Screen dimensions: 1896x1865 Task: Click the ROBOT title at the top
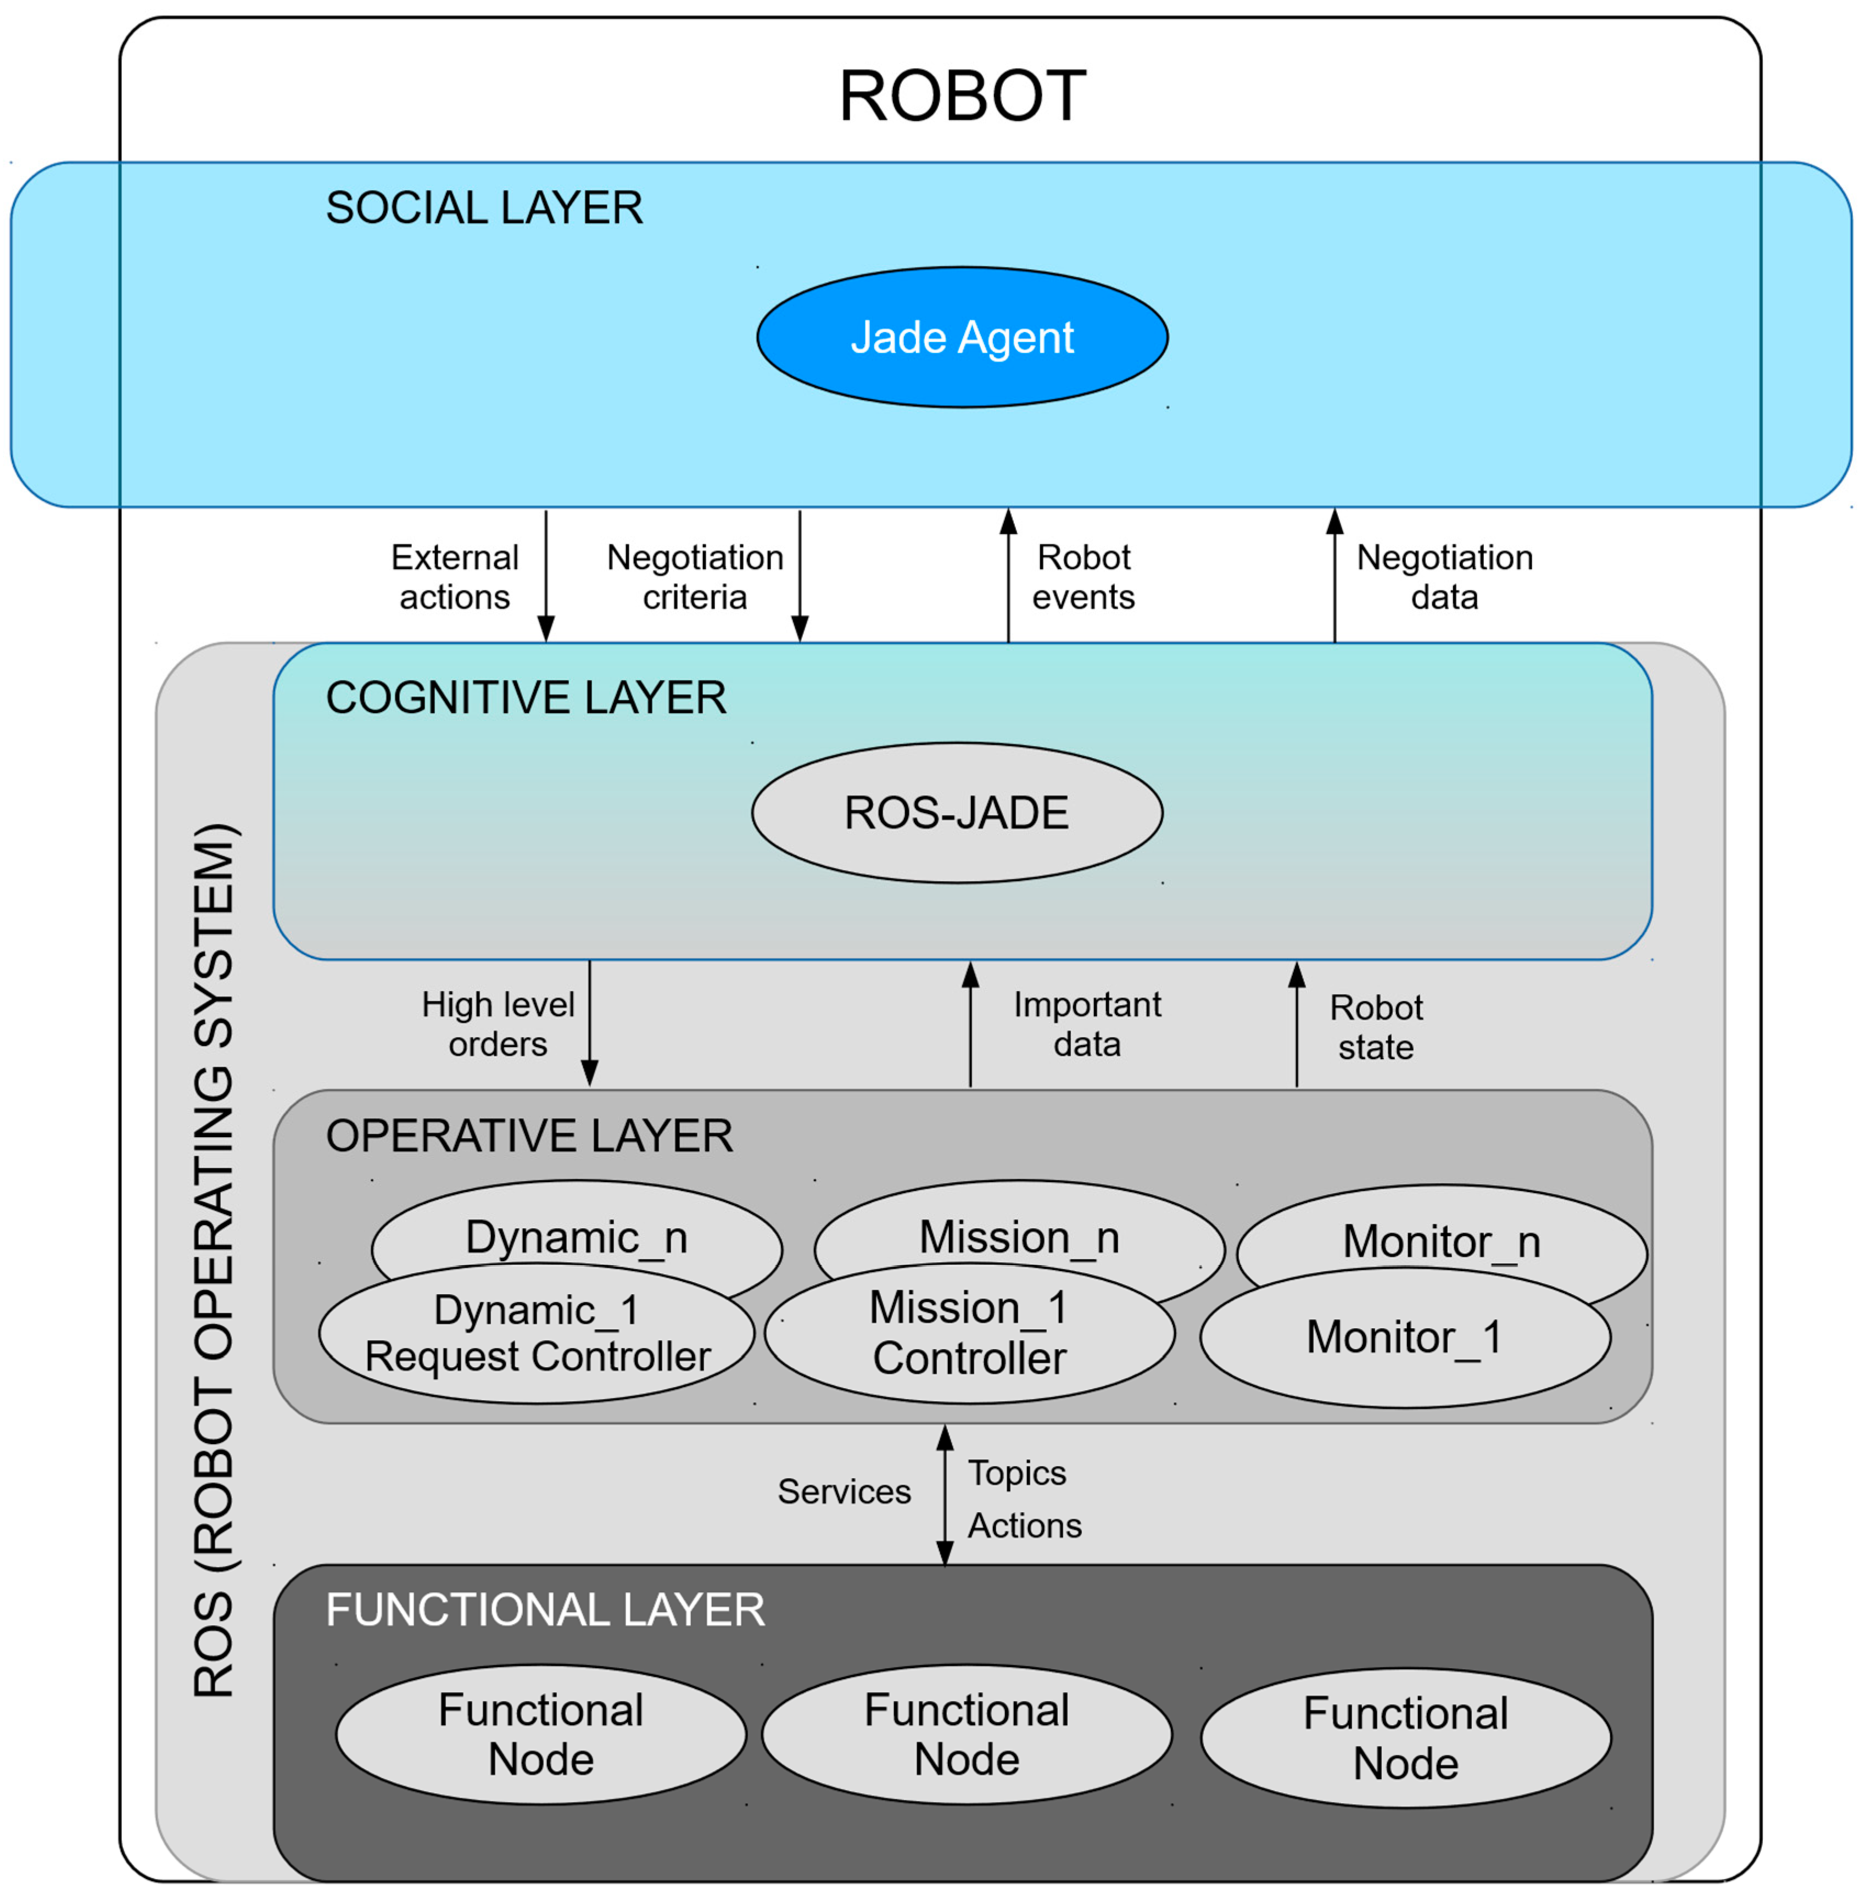962,96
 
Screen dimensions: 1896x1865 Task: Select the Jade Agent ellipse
962,337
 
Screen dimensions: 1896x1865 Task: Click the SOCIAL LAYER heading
484,208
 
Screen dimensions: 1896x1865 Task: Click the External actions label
455,577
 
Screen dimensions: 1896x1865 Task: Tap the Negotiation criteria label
695,577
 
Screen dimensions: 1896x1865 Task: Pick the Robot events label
1084,577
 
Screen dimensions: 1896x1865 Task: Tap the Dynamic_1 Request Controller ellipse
537,1334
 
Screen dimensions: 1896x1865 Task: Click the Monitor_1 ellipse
1405,1338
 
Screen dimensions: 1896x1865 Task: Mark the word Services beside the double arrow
844,1491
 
